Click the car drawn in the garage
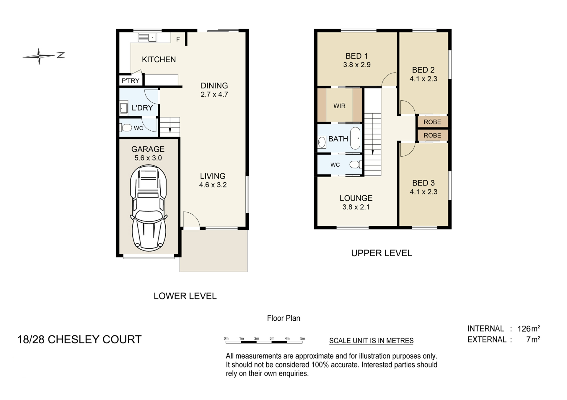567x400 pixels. click(149, 208)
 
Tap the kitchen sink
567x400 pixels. click(147, 38)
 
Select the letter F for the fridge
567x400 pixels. click(178, 39)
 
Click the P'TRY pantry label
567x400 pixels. click(131, 81)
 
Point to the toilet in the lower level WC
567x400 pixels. click(126, 128)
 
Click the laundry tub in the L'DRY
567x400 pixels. click(124, 108)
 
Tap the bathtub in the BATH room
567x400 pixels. click(355, 138)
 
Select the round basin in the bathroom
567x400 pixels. click(322, 142)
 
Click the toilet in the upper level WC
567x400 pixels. click(356, 164)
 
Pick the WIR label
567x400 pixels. click(339, 106)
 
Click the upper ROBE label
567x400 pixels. click(432, 122)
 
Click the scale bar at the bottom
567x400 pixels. click(264, 342)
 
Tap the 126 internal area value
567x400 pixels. click(524, 329)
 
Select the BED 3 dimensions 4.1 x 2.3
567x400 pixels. click(423, 192)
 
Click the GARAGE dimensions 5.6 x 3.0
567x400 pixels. click(148, 158)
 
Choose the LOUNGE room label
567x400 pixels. click(356, 198)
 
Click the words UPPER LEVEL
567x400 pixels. click(382, 253)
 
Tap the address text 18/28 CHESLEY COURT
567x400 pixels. click(79, 340)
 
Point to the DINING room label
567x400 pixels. click(214, 86)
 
